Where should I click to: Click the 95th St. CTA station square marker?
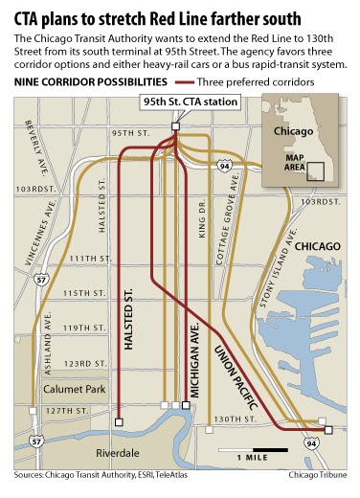point(175,126)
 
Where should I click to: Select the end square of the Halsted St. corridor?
point(118,420)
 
